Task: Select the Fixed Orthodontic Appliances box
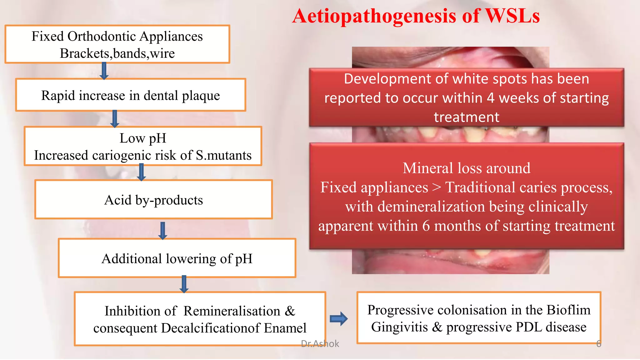pyautogui.click(x=117, y=44)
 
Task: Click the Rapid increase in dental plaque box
pyautogui.click(x=131, y=95)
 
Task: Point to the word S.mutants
pyautogui.click(x=223, y=155)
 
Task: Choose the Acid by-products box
pyautogui.click(x=153, y=200)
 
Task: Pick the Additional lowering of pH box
pyautogui.click(x=177, y=258)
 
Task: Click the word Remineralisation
pyautogui.click(x=232, y=311)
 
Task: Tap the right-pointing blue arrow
pyautogui.click(x=338, y=319)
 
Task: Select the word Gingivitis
pyautogui.click(x=399, y=327)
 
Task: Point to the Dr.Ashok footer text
pyautogui.click(x=320, y=344)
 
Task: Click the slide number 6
pyautogui.click(x=598, y=344)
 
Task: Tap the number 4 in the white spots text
pyautogui.click(x=491, y=98)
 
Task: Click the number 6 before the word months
pyautogui.click(x=426, y=226)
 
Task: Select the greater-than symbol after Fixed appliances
pyautogui.click(x=437, y=187)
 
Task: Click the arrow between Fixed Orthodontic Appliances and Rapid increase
pyautogui.click(x=104, y=71)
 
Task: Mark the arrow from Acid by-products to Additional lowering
pyautogui.click(x=162, y=231)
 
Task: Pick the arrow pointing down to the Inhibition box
pyautogui.click(x=184, y=284)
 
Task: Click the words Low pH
pyautogui.click(x=143, y=138)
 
